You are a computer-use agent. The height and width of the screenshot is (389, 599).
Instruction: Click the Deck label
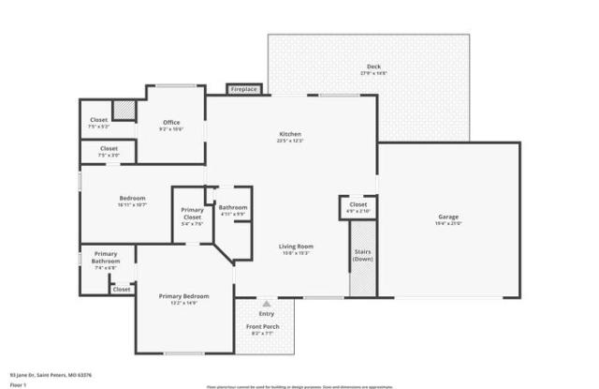pos(373,67)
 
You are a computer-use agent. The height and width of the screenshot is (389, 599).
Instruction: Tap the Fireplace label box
pos(243,89)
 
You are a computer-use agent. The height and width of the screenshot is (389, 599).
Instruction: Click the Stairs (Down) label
pos(363,255)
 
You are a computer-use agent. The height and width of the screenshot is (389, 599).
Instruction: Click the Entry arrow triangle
pos(267,304)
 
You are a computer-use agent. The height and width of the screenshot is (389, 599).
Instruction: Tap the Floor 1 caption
pos(18,384)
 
